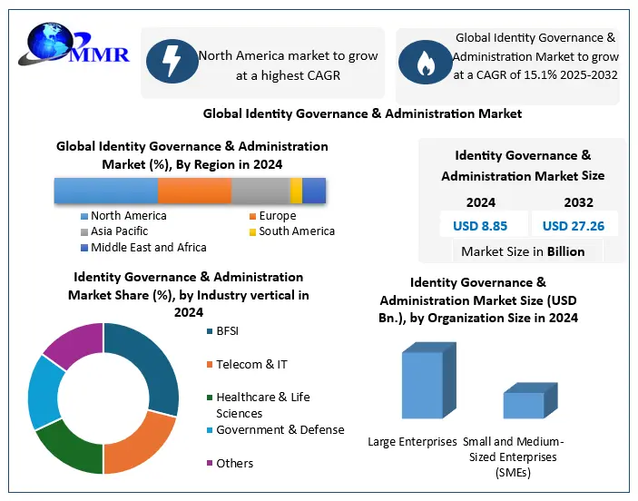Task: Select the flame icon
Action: click(x=425, y=63)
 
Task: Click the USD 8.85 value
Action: click(x=480, y=225)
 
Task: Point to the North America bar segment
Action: click(x=105, y=191)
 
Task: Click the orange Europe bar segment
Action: click(x=194, y=191)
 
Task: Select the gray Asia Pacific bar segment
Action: click(x=260, y=191)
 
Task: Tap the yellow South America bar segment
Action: click(x=296, y=191)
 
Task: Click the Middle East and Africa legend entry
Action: click(x=143, y=247)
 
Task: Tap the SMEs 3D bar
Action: click(x=525, y=405)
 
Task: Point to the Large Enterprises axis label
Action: click(x=412, y=442)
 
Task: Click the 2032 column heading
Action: click(x=578, y=202)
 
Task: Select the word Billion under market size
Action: click(x=564, y=251)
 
